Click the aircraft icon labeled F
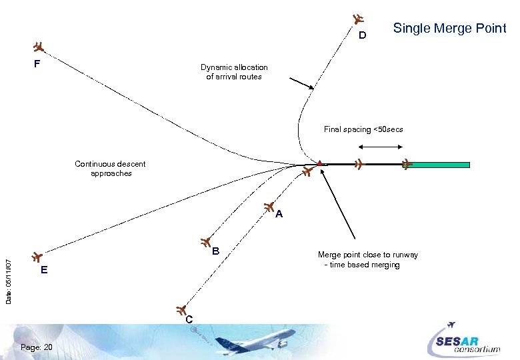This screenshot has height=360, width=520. click(39, 47)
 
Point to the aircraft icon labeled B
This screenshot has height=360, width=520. click(206, 241)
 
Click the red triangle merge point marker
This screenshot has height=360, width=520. click(320, 163)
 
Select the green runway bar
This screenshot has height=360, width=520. click(440, 165)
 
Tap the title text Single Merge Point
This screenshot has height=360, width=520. click(449, 28)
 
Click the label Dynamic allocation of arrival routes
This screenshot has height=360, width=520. click(234, 71)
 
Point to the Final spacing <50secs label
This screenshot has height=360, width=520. click(363, 129)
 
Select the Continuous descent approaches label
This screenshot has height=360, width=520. click(111, 168)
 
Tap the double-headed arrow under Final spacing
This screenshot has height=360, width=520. click(374, 145)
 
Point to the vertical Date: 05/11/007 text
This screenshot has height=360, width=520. click(9, 273)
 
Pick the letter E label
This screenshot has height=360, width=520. click(43, 270)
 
